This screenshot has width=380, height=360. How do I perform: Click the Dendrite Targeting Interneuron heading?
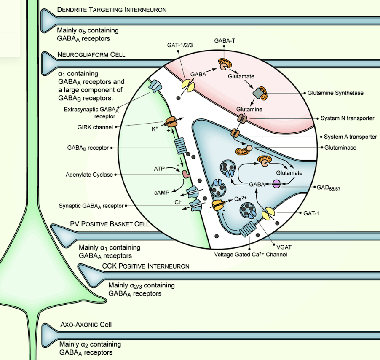click(x=112, y=9)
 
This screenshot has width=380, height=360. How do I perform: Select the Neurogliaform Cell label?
click(x=91, y=55)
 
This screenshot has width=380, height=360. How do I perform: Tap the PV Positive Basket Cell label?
click(x=110, y=224)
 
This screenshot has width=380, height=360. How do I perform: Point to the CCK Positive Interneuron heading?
click(x=146, y=266)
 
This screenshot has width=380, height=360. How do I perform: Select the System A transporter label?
click(x=350, y=137)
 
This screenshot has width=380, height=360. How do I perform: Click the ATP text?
click(x=159, y=169)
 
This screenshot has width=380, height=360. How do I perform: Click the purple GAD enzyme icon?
click(x=277, y=184)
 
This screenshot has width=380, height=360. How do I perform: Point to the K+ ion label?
click(x=155, y=129)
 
